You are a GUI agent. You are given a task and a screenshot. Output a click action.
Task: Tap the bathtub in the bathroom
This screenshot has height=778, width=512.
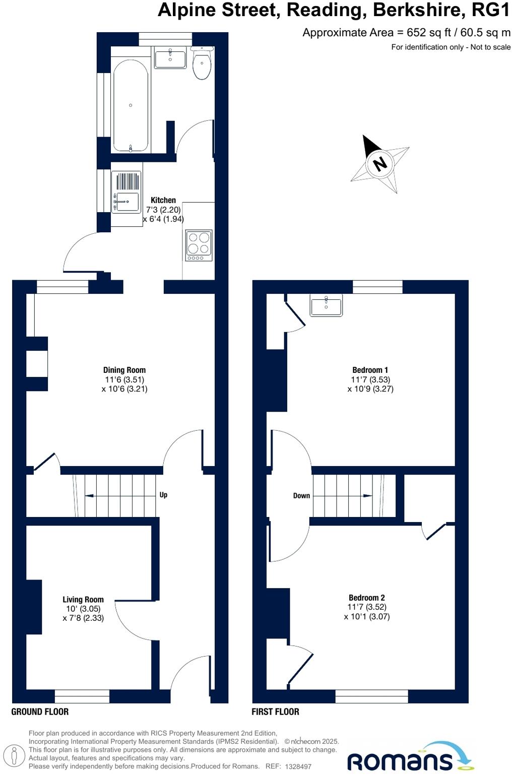131,106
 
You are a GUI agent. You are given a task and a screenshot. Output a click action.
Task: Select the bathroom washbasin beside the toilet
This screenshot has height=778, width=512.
170,58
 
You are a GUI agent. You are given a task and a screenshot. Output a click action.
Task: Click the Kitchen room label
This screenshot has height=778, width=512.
163,200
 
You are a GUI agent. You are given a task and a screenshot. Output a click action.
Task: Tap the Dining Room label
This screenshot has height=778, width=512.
124,370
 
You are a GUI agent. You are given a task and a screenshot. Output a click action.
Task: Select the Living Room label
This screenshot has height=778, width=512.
83,599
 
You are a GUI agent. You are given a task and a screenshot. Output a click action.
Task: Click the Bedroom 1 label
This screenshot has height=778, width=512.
370,370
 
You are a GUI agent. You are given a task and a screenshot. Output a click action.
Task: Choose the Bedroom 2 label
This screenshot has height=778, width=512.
367,598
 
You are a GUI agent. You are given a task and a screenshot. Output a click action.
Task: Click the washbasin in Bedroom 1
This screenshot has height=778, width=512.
326,306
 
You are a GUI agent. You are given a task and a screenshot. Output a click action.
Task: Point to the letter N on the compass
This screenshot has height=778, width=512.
380,163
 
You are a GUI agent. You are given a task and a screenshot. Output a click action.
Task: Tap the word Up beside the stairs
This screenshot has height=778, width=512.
163,495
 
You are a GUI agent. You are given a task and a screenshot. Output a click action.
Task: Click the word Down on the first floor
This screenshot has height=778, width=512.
301,496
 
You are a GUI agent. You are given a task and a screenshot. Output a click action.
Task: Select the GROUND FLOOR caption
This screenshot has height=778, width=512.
40,711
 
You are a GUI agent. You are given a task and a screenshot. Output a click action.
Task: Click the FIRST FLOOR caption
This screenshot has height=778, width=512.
275,711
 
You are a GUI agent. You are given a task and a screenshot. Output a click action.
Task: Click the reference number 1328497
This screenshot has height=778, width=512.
298,766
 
